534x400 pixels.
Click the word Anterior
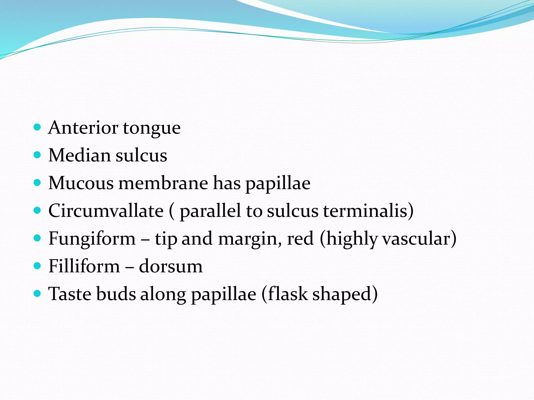(x=83, y=128)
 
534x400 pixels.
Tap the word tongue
(x=151, y=128)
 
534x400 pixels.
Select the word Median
(x=79, y=155)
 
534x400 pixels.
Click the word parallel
(x=210, y=211)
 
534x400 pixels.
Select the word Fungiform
(x=92, y=239)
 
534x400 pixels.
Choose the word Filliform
(x=84, y=266)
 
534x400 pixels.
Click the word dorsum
(x=171, y=266)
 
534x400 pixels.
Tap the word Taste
(x=70, y=294)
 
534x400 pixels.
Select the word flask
(x=285, y=294)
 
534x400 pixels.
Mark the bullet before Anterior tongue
(x=38, y=127)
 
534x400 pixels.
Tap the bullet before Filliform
(x=38, y=266)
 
